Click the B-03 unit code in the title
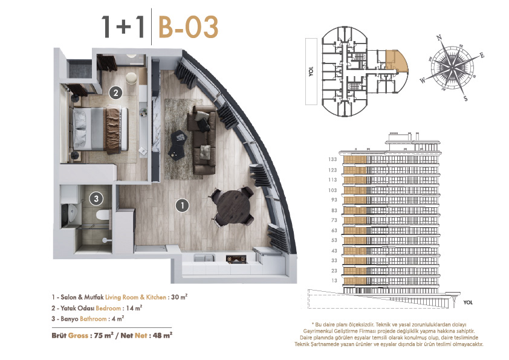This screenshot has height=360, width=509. point(188,27)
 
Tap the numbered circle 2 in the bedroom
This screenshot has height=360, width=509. point(115,93)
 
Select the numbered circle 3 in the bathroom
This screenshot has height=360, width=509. point(96,199)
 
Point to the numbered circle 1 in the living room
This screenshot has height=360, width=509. point(182,205)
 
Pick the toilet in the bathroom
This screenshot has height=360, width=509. point(103,214)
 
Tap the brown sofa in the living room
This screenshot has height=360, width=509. point(201,140)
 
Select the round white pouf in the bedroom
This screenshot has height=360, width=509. point(131,79)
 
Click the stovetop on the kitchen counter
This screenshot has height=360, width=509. point(236,259)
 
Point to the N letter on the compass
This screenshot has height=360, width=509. point(439,38)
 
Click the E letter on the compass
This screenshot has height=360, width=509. point(482,55)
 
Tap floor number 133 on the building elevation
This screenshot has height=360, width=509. point(332,159)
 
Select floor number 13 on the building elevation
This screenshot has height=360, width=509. point(334,280)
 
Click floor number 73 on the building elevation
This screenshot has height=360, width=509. point(334,220)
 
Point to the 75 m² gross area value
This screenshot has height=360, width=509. point(103,335)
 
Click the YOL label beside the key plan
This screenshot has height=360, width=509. point(311,72)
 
